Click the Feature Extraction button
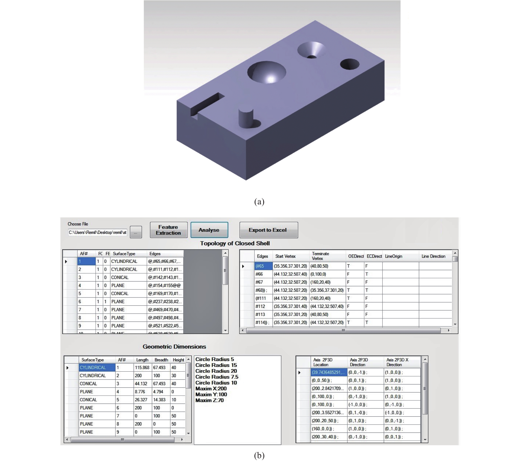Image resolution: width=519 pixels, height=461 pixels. (x=169, y=230)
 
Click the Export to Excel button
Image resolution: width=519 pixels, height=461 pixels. (x=268, y=230)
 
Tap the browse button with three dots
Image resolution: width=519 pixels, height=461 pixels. (x=136, y=232)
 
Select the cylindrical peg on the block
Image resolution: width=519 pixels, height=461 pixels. (x=246, y=118)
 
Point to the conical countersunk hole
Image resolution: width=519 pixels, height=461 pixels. (x=311, y=50)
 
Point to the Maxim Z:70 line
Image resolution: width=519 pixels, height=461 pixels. (x=209, y=400)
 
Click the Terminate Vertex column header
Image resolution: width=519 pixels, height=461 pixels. (x=320, y=256)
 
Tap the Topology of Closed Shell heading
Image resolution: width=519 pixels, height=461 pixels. (x=235, y=243)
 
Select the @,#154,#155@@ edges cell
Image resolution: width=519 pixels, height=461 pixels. (x=165, y=285)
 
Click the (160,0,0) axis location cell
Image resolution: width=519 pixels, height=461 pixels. (x=329, y=429)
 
